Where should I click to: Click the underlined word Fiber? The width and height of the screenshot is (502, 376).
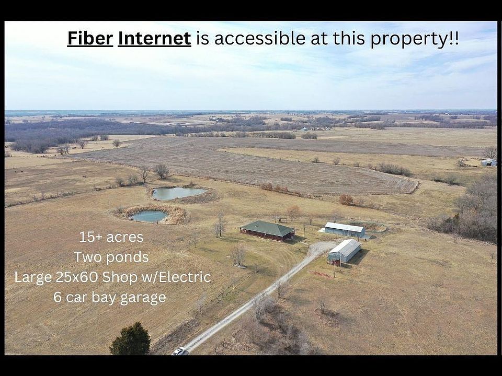(90, 38)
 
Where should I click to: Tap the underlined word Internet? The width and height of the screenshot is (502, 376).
(154, 38)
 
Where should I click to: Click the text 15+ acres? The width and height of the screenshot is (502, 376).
(111, 237)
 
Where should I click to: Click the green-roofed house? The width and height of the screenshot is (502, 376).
(267, 231)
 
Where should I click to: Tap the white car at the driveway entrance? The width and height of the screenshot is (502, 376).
(179, 351)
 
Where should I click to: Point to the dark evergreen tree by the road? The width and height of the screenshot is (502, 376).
(130, 339)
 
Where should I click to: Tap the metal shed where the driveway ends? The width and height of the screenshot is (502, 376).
(344, 251)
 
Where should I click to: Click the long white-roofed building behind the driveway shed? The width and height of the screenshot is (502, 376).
(345, 230)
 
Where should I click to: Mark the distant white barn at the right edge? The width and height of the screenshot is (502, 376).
(489, 162)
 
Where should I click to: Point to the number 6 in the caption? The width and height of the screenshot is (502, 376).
(58, 297)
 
